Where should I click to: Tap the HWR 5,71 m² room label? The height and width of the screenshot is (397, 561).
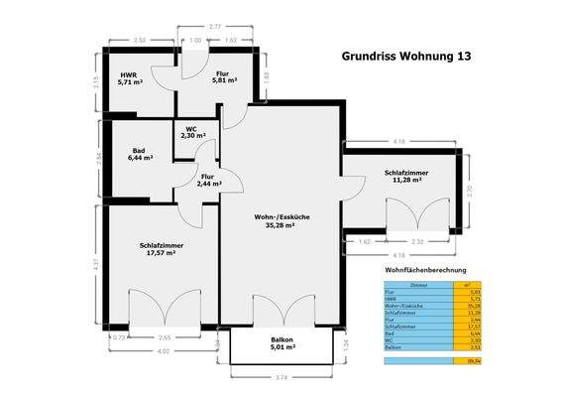point(130,80)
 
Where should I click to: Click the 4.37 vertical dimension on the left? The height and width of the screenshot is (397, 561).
point(95,265)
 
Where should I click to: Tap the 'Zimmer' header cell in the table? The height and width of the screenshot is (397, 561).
point(417,284)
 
